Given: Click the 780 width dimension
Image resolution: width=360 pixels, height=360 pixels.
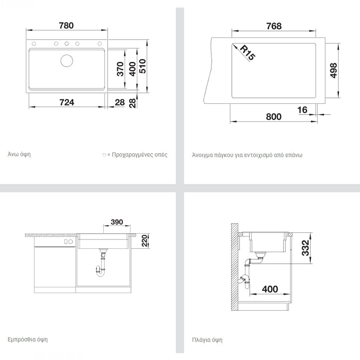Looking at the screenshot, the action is point(66,26).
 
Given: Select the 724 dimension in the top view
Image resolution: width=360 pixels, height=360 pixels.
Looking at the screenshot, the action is point(67,102).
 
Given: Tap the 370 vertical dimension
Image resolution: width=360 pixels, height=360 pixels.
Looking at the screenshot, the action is point(120,69).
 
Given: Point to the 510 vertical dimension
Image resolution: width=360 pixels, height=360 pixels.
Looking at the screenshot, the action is point(143,66).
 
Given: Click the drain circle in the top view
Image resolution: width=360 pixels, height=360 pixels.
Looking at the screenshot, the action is point(67,61).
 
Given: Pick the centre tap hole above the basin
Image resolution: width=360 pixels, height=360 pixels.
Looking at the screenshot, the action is point(67,44).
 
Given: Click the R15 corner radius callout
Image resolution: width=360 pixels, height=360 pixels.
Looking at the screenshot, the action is point(248,53).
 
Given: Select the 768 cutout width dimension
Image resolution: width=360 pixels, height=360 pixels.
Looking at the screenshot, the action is point(274,26).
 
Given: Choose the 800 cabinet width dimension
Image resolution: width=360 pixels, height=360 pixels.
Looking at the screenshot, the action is point(274,117).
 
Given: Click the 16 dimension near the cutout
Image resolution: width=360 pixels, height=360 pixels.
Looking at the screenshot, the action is point(302,110).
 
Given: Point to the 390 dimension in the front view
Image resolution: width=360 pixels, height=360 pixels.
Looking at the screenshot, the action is point(117,222).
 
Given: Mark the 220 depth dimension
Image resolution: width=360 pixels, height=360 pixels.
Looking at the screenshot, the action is point(144,240).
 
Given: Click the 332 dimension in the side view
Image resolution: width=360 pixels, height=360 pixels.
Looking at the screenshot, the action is point(306,248).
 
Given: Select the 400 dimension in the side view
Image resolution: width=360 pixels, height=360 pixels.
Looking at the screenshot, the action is point(270,289).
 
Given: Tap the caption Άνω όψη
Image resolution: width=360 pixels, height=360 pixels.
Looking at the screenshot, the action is point(19,154).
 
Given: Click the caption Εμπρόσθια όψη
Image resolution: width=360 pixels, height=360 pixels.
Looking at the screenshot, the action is point(28,339).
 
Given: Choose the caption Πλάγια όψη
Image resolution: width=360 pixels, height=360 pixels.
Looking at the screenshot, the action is point(207,340).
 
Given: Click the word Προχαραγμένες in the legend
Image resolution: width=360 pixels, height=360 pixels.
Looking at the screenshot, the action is point(132,155).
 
